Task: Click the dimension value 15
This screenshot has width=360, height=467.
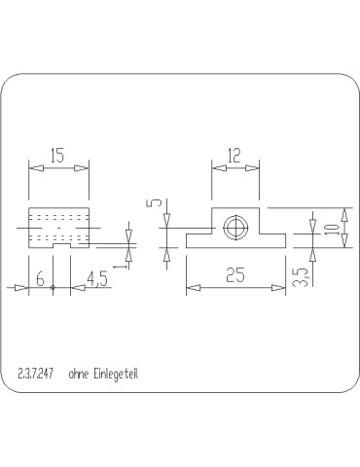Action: point(58,156)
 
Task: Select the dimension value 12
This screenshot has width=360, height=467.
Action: point(234,156)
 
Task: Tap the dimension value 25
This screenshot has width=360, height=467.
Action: point(234,276)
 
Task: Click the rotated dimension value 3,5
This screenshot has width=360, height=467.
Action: point(302,277)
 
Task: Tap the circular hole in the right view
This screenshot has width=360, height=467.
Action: point(234,228)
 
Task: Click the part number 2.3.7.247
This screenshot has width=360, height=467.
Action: point(36,374)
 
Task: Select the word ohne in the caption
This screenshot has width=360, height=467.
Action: point(79,374)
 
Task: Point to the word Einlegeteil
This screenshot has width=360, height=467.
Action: point(120,374)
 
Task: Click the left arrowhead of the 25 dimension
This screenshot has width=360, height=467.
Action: point(191,287)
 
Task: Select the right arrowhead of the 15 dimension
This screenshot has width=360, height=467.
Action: point(85,167)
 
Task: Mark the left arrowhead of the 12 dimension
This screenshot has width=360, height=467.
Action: point(216,167)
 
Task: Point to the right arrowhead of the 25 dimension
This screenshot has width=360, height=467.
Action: point(281,287)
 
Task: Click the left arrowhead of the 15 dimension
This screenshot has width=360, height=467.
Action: point(34,167)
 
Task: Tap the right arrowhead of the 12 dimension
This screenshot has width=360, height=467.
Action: point(255,167)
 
